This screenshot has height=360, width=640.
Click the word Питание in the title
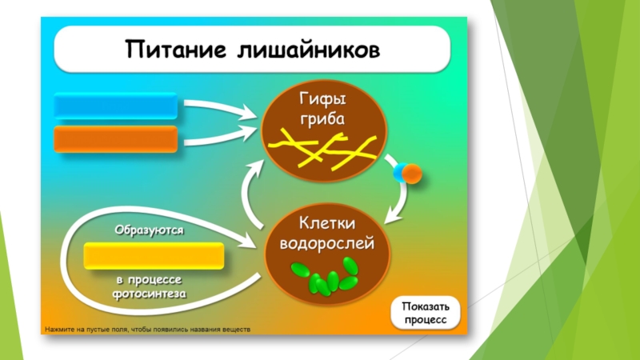tap(171, 49)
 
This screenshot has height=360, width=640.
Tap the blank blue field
tap(115, 106)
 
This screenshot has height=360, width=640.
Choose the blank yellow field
tap(154, 256)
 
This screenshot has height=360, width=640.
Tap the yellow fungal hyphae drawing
tap(323, 149)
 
